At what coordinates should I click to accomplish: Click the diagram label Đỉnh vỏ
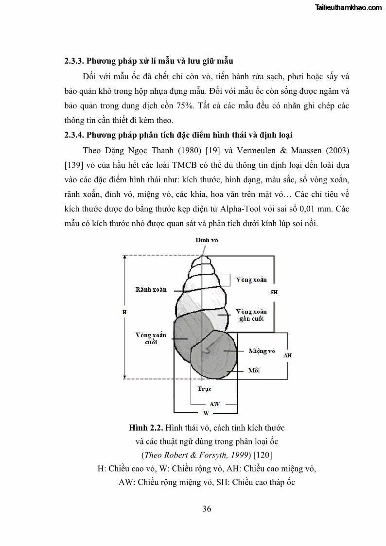coord(207,240)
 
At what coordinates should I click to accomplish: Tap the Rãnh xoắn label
coord(151,289)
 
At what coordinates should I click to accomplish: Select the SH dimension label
coord(274,293)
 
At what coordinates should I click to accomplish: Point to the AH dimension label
coord(287,355)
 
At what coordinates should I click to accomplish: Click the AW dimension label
coord(214,404)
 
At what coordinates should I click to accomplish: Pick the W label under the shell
coord(206,412)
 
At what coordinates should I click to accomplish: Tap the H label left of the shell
coord(124,312)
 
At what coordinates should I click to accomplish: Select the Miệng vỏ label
coord(262,351)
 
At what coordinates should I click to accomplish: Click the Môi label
coord(254,370)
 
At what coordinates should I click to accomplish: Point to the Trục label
coord(204,389)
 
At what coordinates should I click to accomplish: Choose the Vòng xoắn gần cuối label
coord(251,315)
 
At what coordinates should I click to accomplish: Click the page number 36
coord(207,509)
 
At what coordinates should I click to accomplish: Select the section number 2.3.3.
coord(75,61)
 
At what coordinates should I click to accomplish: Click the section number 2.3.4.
coord(75,135)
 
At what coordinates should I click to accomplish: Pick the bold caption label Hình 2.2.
coord(146,428)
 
